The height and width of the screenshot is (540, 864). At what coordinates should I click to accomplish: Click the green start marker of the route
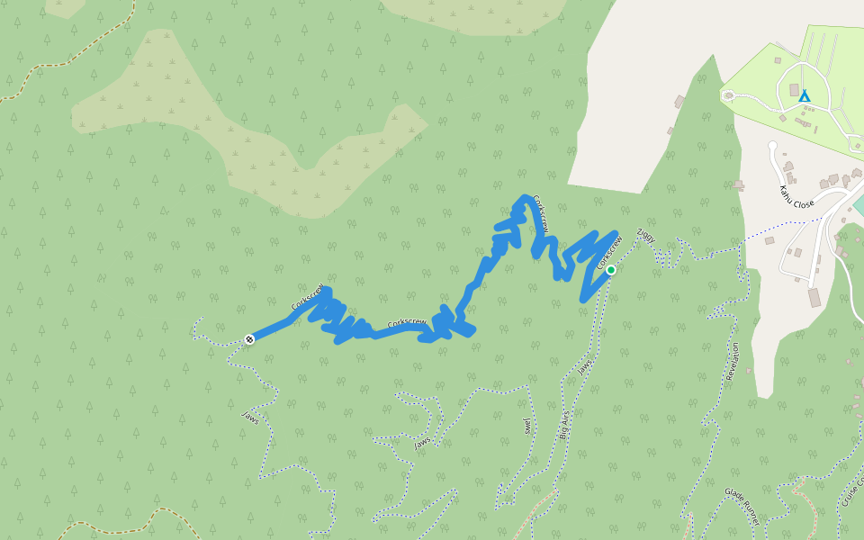point(610,270)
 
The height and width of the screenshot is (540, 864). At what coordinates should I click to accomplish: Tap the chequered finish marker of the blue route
point(249,338)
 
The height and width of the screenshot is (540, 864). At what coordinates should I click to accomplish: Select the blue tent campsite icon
point(804,95)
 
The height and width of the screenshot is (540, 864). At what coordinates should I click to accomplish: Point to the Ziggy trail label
point(645,237)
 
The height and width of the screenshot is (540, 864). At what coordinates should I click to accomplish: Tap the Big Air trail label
point(563,423)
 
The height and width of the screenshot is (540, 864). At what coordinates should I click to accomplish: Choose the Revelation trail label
point(733,361)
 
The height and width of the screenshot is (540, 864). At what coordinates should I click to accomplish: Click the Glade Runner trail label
point(742,506)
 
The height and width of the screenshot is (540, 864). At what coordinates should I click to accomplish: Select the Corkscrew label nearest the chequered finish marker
point(307,299)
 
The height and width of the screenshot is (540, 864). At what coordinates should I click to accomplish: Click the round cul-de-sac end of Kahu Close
point(771,145)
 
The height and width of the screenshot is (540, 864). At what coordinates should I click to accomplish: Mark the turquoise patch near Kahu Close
point(858,204)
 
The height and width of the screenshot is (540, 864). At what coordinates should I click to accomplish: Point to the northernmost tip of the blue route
point(523,197)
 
